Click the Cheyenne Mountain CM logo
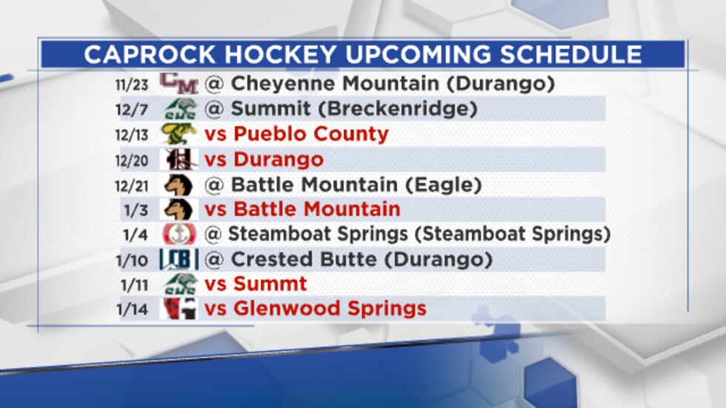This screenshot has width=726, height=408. tap(179, 83)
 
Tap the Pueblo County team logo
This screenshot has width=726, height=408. tap(179, 134)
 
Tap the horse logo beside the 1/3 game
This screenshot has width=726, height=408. tap(179, 210)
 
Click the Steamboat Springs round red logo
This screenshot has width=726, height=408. tap(179, 235)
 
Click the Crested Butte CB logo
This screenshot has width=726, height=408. tap(179, 260)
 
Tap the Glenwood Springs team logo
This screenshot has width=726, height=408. tap(179, 308)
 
